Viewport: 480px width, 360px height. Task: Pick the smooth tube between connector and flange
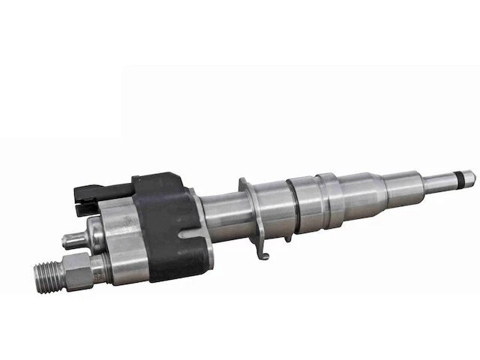pyautogui.click(x=217, y=220)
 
